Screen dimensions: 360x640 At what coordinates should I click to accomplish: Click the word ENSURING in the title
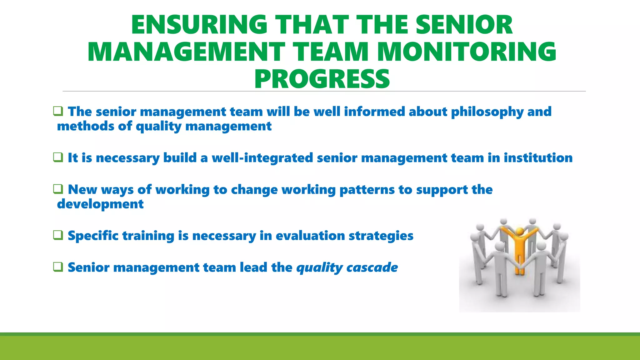(199, 25)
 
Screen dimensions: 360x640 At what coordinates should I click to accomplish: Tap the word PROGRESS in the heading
(322, 79)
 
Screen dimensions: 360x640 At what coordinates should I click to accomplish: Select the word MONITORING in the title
(467, 52)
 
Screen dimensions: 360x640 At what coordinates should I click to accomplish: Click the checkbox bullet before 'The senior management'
(58, 111)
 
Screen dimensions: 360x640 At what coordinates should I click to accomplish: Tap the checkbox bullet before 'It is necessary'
(58, 157)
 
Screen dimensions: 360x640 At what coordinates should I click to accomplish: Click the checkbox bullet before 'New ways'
(58, 189)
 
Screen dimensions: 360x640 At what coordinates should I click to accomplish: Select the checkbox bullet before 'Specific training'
(58, 235)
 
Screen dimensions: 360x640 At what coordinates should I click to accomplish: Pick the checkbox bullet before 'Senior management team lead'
(58, 267)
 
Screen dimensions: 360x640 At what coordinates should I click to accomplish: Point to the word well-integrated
(262, 158)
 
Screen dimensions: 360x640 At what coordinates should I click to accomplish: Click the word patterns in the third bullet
(367, 190)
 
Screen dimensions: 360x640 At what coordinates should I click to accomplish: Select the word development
(100, 204)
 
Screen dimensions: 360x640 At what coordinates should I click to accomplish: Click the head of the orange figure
(519, 232)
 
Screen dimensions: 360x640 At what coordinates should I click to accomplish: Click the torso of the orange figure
(519, 250)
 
